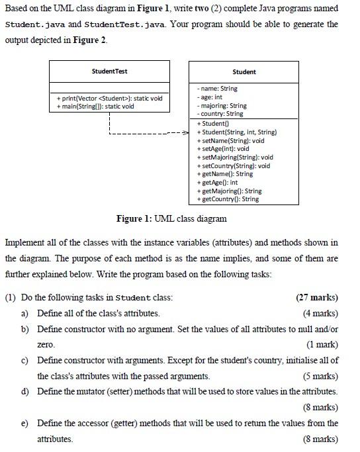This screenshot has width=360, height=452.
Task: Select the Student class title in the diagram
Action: click(x=244, y=71)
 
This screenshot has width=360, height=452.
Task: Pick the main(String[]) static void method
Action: click(x=97, y=106)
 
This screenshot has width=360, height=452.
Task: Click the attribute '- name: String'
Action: click(x=218, y=89)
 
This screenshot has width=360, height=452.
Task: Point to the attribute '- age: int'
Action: click(x=210, y=97)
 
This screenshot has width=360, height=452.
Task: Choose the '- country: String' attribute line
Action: click(x=220, y=114)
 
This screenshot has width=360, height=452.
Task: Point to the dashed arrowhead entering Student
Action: click(x=186, y=132)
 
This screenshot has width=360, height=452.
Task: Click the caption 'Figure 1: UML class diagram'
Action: click(x=171, y=218)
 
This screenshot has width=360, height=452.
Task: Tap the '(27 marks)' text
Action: click(x=316, y=297)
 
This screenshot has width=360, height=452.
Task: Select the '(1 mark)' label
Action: click(x=322, y=345)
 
